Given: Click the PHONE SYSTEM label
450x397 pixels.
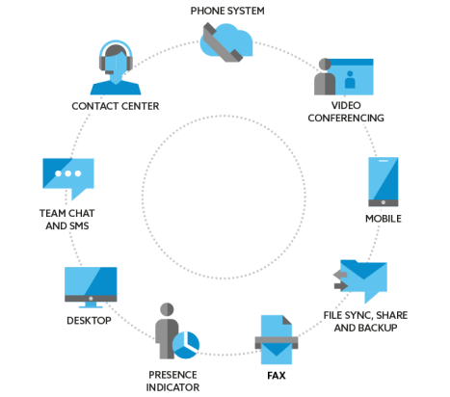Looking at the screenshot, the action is coord(227,11).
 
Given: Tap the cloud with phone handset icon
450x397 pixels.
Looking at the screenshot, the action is coord(226,42).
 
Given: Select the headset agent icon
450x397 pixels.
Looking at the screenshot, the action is coord(116,67).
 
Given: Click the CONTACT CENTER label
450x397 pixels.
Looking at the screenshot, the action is coord(116,106).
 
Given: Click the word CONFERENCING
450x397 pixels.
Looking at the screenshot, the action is coord(346,118).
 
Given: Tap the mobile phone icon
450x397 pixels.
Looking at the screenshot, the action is coord(384,182).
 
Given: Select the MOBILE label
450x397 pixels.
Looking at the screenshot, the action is coord(384,219).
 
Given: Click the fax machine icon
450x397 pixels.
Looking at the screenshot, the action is coord(277,339).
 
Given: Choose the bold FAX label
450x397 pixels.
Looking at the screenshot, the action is coord(277,376).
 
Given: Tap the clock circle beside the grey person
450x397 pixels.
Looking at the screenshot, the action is coord(186,345).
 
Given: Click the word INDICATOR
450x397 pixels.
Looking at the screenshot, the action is coord(172,387).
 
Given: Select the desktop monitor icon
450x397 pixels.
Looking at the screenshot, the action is coord(91,287).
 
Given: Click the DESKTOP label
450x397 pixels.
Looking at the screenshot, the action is coord(89,321).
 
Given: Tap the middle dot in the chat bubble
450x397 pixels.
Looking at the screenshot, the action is coord(68,173).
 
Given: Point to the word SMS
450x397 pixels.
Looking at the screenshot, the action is coord(78,225).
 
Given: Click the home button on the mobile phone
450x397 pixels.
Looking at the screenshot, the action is coord(384,202).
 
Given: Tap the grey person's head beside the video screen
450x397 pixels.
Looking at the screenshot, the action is coord(325,64).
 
